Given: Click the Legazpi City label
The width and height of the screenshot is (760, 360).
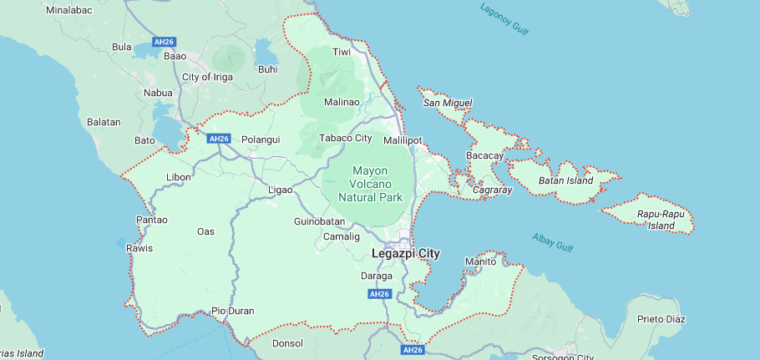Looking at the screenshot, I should pos(406,253).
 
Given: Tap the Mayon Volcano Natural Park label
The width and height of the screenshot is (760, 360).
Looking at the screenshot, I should pos(370,184).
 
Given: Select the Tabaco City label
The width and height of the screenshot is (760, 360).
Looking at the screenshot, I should pos(346,138).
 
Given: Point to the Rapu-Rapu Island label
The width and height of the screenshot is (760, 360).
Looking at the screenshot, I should pos(656,220).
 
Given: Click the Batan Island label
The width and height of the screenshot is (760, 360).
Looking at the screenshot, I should pos(565,180).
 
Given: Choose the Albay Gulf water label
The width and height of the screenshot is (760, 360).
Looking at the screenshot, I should pos(553,243).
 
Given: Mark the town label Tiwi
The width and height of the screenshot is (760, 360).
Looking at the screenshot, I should pos(342,52).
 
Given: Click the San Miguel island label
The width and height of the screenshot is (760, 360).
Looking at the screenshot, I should pos(448,103).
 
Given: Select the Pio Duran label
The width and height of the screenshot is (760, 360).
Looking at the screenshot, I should pos(232,311).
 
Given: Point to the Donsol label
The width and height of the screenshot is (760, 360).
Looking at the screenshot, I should pos(289,343).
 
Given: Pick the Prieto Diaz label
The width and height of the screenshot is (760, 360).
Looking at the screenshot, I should pos(661,319).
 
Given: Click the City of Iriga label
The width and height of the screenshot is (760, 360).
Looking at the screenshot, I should pos(207,77).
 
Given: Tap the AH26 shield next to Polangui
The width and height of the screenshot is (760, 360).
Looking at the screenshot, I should pos(219,138).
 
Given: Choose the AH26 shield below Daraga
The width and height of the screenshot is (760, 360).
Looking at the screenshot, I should pos(380,294).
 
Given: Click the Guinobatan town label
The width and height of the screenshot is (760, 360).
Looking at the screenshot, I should pos(319,221).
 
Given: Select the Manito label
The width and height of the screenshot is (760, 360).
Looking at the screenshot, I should pos(480,261).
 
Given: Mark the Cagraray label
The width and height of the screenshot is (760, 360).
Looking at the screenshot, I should pos(491,190).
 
